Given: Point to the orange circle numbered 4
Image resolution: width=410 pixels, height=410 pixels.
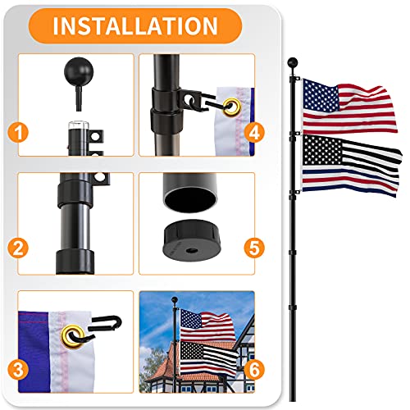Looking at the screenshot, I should (x=257, y=130).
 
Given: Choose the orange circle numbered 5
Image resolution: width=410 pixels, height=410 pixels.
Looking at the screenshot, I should (x=257, y=246).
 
